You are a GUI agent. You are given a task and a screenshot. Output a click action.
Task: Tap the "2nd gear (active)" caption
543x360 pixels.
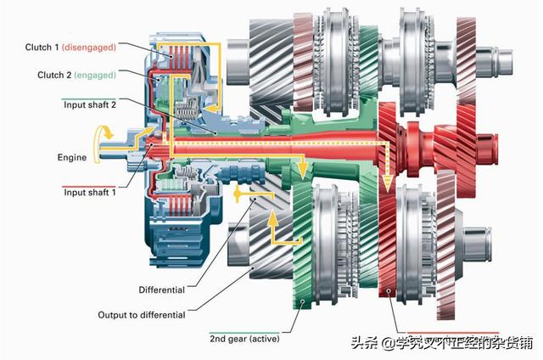pos(244,339)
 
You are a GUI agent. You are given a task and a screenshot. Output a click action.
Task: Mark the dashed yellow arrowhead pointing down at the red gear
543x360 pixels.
pos(385,181)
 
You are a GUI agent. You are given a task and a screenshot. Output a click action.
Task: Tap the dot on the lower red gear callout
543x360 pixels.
pos(389,292)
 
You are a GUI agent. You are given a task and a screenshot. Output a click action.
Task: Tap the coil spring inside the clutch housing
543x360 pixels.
pos(190,108)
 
